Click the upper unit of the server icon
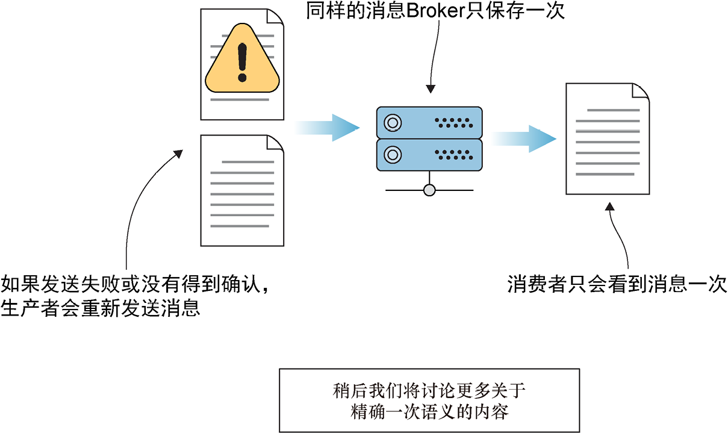tap(429, 123)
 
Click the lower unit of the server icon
tap(429, 155)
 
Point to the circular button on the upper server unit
tap(392, 123)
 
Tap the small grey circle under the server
tap(429, 190)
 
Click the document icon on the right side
tap(607, 140)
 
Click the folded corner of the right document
tap(639, 92)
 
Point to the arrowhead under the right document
tap(609, 207)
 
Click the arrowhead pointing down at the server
tap(430, 89)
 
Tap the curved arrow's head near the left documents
tap(178, 154)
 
